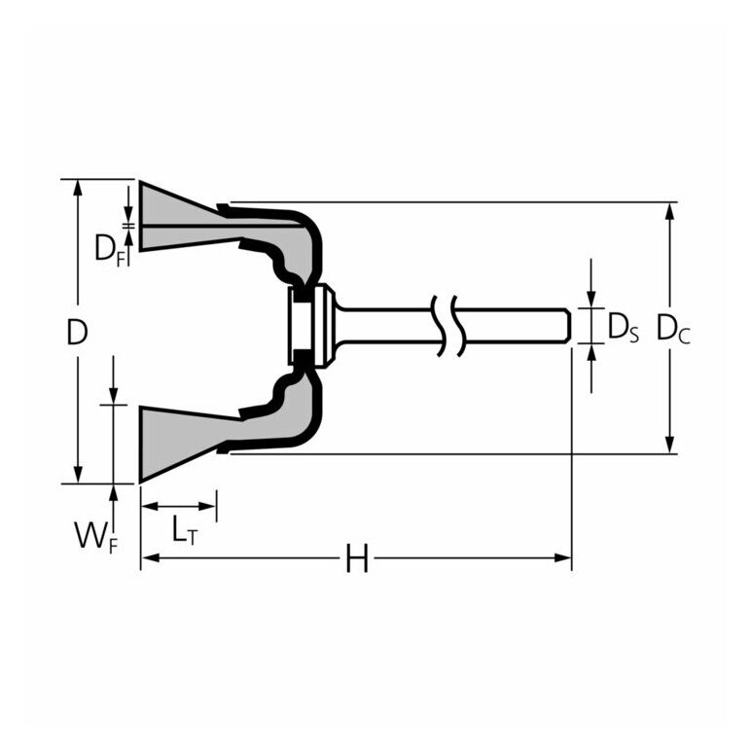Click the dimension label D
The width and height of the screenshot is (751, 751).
click(x=77, y=333)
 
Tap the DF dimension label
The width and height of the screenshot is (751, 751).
click(x=109, y=248)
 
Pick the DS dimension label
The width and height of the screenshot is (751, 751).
click(x=623, y=328)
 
